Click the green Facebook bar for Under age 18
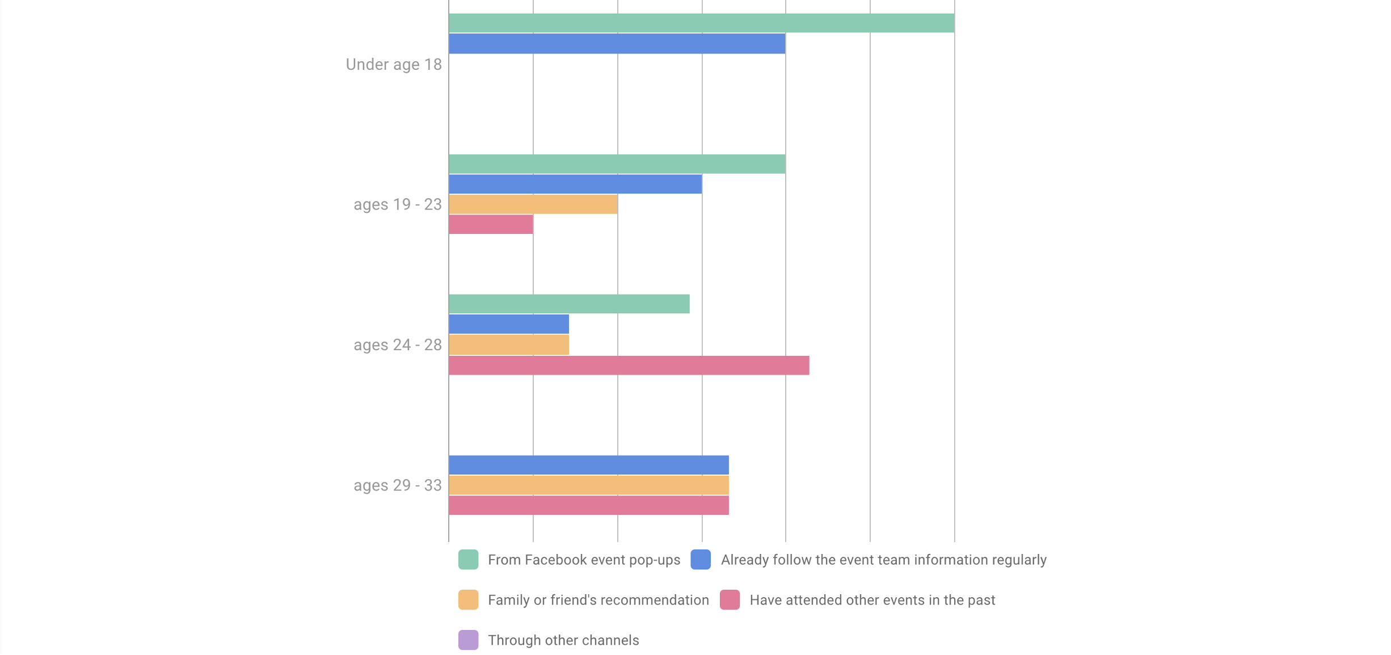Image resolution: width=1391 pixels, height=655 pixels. (x=701, y=23)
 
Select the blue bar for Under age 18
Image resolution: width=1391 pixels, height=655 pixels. (x=617, y=44)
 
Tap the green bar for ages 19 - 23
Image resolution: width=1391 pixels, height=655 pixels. (x=617, y=164)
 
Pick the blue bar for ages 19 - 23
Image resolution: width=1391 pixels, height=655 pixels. (x=575, y=184)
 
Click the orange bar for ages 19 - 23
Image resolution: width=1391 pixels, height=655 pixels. (x=533, y=204)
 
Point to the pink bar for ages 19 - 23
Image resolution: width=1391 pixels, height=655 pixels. (x=491, y=225)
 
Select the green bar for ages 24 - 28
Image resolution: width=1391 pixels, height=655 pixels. (x=569, y=304)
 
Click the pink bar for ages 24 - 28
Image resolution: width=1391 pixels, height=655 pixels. (x=629, y=366)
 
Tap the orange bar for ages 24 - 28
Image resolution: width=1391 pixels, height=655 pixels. (x=509, y=345)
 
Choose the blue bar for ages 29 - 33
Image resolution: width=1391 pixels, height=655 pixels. (x=588, y=465)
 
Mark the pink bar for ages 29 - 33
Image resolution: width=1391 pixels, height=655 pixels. (x=588, y=506)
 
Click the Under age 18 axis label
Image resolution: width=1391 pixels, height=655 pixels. (x=394, y=65)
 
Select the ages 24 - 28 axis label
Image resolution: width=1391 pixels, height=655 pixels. (x=397, y=345)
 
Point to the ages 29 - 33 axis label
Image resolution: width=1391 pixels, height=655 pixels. (x=397, y=486)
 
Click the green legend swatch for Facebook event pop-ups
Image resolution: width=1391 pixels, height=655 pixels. (x=468, y=560)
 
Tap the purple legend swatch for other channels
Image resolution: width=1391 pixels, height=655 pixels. (x=468, y=640)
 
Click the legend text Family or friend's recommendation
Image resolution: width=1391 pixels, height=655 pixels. (x=598, y=601)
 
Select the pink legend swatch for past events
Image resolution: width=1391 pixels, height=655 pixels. (x=730, y=600)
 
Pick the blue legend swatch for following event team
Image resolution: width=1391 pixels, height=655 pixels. (x=701, y=560)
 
